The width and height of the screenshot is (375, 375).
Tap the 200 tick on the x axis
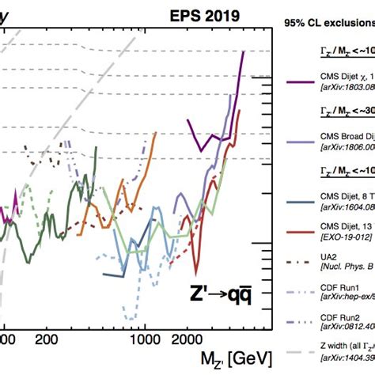47,339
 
